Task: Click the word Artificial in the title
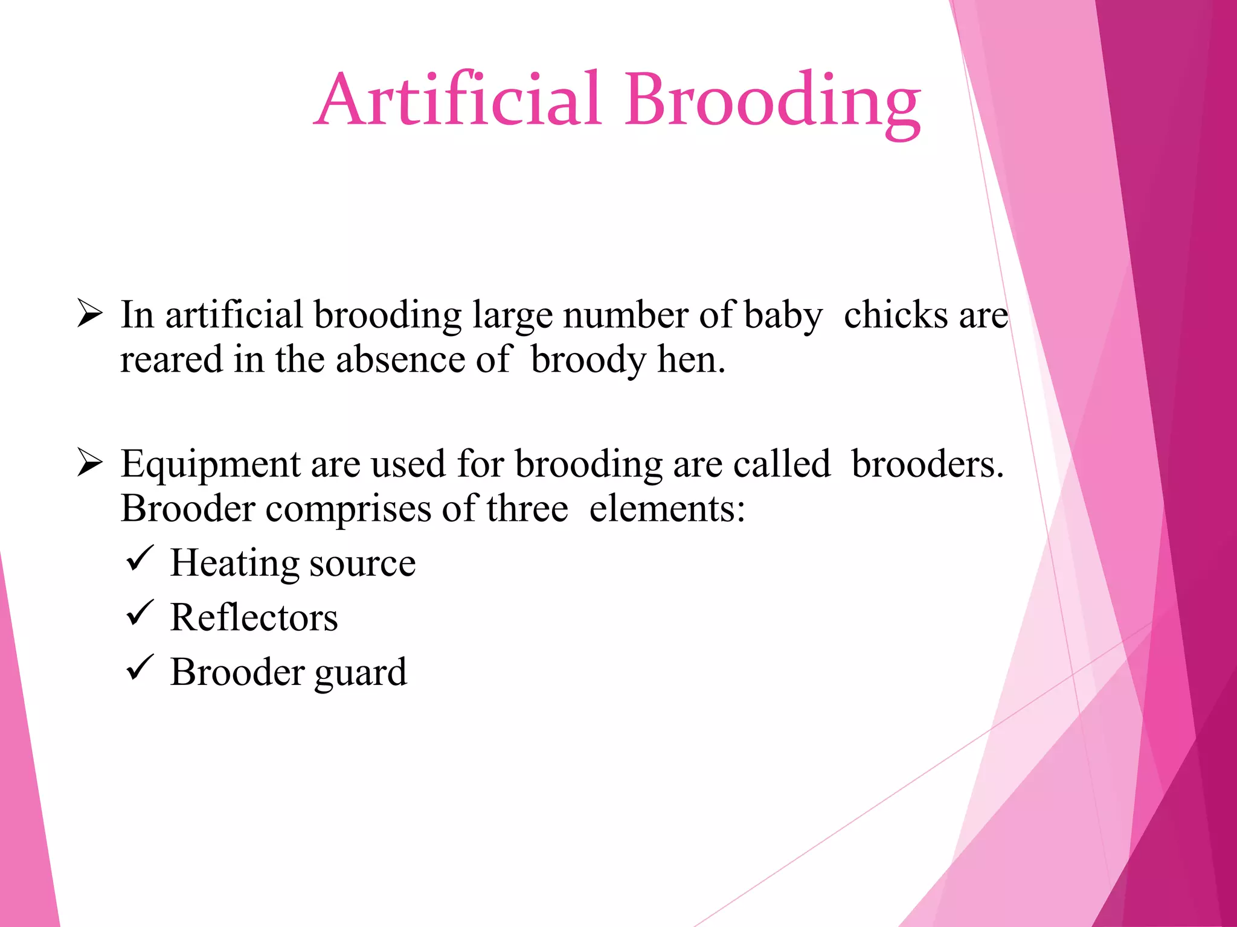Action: tap(458, 100)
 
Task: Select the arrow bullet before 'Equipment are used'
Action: tap(89, 464)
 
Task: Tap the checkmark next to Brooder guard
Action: tap(140, 668)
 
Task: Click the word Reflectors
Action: tap(254, 618)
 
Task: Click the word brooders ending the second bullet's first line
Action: tap(927, 465)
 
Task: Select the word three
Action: tap(527, 509)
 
